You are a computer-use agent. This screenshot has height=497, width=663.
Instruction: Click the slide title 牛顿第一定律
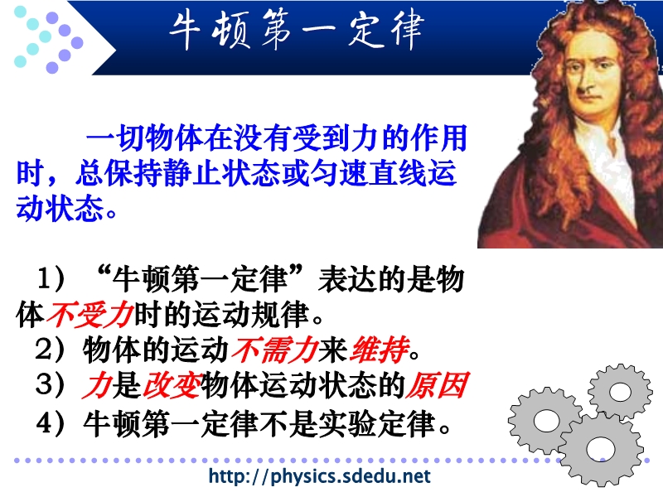coord(297,30)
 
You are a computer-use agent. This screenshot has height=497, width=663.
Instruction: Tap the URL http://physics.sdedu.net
coord(320,476)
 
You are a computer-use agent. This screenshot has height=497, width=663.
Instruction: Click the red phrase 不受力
coord(90,314)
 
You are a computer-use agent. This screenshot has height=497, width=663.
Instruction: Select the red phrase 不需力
coord(274,350)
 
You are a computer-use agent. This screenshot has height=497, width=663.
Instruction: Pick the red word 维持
coord(380,350)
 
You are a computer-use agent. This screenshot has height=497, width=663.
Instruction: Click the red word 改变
coord(172,385)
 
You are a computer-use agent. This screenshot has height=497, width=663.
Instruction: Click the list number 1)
coord(51,278)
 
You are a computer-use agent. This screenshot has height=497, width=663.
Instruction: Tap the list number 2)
coord(50,350)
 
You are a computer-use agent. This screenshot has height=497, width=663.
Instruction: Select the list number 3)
coord(50,385)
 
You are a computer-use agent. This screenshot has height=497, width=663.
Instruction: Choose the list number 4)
coord(51,423)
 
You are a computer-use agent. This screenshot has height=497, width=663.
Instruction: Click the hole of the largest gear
coord(600,448)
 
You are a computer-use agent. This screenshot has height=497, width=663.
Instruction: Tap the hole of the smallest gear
coord(620,391)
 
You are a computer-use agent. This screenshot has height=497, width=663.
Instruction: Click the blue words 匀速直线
coord(368,173)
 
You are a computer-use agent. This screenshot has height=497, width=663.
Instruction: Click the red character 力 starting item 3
coord(97,385)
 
